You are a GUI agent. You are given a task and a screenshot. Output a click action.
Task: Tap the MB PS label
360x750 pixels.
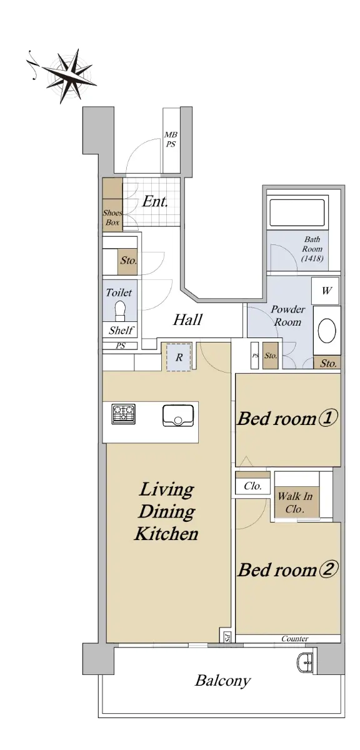tap(171, 139)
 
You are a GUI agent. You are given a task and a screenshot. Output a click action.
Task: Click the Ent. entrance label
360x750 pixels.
tap(155, 201)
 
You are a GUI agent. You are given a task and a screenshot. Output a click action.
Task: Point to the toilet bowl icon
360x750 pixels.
tap(120, 311)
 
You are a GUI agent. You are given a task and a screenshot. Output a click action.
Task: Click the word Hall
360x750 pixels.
tap(187, 320)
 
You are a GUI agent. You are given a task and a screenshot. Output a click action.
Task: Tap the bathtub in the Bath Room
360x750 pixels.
tap(297, 212)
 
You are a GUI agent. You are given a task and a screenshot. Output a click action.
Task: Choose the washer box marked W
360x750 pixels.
tap(326, 291)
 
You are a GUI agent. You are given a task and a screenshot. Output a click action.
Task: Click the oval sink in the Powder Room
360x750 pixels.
tap(326, 331)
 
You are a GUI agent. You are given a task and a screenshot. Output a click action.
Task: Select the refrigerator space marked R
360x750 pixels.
tap(179, 357)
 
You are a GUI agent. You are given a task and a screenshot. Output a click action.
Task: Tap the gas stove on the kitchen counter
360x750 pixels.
tap(124, 414)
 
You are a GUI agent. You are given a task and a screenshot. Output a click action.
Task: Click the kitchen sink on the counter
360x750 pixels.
tap(178, 416)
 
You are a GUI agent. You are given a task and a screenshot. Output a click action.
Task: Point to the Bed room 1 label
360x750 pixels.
tap(287, 418)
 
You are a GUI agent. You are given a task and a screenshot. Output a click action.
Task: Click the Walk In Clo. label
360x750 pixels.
tap(295, 502)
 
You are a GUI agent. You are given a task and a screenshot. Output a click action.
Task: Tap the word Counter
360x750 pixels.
tap(295, 639)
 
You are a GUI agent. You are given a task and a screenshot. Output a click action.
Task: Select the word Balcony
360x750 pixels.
tap(222, 681)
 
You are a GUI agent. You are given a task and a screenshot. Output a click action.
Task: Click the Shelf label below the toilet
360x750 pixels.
tap(121, 331)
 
